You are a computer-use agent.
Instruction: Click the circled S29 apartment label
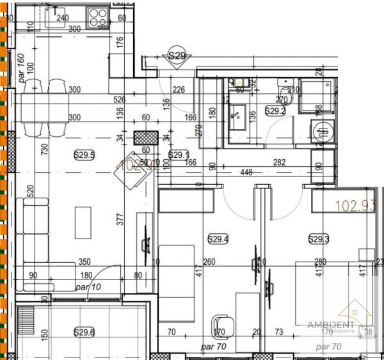(x=177, y=56)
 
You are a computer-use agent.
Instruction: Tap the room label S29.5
(x=84, y=154)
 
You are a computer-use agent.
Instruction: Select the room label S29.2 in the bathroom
(x=275, y=111)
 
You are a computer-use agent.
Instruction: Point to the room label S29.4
(x=218, y=239)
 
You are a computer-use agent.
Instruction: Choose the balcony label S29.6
(x=84, y=332)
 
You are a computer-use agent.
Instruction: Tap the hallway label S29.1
(x=179, y=155)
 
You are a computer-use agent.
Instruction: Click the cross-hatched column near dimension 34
(x=145, y=138)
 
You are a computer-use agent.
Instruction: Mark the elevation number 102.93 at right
(x=356, y=207)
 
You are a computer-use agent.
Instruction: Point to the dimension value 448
(x=246, y=171)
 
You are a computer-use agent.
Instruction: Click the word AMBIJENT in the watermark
(x=330, y=325)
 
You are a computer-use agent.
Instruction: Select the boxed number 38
(x=368, y=332)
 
